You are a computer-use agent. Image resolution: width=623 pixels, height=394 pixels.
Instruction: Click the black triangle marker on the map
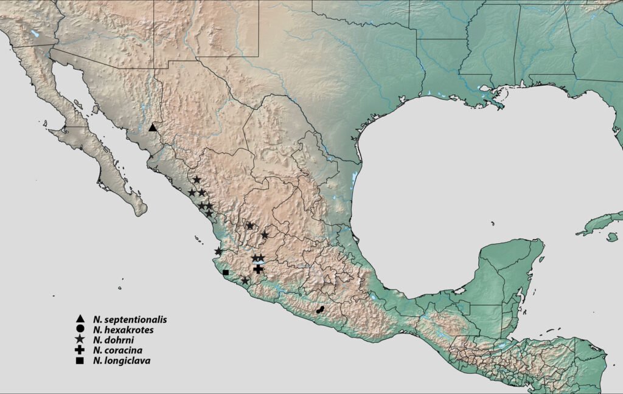[x=153, y=128]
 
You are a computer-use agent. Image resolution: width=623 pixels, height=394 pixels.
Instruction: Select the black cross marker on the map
[x=258, y=269]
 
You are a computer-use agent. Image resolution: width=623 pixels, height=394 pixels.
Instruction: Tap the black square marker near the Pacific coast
[x=226, y=272]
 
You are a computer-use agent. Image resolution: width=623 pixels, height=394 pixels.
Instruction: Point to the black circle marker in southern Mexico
[x=319, y=310]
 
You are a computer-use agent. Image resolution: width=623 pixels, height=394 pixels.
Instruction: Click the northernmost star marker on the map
[x=197, y=179]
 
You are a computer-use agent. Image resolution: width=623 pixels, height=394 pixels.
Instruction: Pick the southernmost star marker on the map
[x=245, y=280]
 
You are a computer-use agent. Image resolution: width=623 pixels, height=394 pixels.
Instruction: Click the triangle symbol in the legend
[x=80, y=319]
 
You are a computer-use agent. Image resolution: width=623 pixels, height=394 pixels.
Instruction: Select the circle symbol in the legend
[x=80, y=330]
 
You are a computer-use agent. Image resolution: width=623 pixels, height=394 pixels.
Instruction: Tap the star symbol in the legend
[x=80, y=340]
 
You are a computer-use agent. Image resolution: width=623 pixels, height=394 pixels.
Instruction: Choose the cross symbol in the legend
[x=80, y=350]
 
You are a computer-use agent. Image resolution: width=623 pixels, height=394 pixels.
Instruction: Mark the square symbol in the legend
[x=80, y=361]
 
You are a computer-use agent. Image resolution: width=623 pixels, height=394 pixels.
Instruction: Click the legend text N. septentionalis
[x=130, y=319]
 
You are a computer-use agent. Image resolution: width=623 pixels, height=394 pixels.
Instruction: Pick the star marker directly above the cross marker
[x=256, y=258]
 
